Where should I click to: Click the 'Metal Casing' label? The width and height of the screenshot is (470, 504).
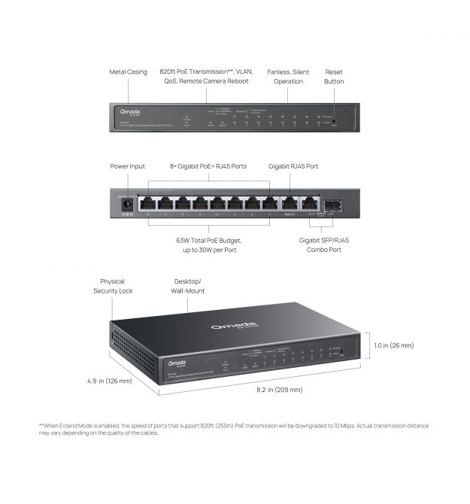click(x=128, y=72)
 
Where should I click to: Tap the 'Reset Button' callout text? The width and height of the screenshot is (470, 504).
click(x=334, y=76)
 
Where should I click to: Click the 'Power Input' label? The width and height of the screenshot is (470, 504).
click(x=127, y=165)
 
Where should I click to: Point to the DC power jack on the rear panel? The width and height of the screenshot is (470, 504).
click(x=126, y=202)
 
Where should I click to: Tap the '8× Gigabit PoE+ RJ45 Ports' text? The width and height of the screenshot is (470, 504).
click(x=208, y=165)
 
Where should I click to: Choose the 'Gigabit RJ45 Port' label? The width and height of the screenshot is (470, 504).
click(x=299, y=165)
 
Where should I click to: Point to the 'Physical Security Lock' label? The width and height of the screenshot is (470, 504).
click(x=112, y=286)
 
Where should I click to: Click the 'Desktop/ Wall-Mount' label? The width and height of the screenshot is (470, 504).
click(x=189, y=286)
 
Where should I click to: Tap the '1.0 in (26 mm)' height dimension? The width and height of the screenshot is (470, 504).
click(x=393, y=345)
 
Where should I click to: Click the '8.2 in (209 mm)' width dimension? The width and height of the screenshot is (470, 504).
click(x=280, y=390)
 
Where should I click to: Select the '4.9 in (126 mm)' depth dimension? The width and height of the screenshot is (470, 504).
click(x=109, y=381)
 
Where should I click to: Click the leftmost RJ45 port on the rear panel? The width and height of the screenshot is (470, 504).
click(x=147, y=203)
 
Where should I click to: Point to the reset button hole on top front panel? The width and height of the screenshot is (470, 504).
click(x=335, y=122)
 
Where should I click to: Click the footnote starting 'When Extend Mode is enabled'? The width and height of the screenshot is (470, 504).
click(x=235, y=429)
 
